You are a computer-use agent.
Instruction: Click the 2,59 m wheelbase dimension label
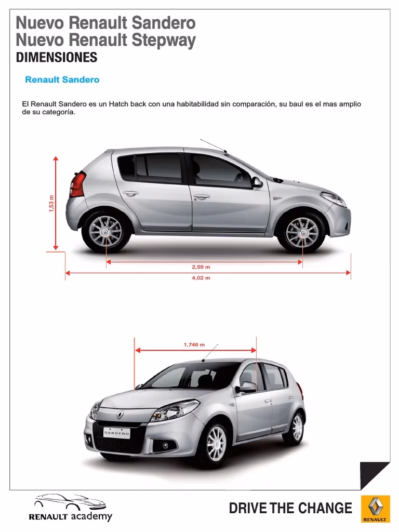201,267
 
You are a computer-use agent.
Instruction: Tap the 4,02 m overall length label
201,278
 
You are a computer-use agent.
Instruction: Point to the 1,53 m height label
51,203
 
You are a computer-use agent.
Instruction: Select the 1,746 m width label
194,344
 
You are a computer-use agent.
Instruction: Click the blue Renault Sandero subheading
62,80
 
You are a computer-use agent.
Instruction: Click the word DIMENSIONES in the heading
57,58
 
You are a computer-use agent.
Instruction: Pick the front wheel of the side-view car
302,232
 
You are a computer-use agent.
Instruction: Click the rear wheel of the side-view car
105,231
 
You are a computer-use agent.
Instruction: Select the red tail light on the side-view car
78,185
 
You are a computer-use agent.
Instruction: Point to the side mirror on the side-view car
257,182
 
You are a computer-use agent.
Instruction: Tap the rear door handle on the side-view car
130,194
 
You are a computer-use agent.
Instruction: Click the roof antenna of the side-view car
213,146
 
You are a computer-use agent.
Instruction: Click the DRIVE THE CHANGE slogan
290,508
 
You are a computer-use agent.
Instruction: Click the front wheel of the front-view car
216,443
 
